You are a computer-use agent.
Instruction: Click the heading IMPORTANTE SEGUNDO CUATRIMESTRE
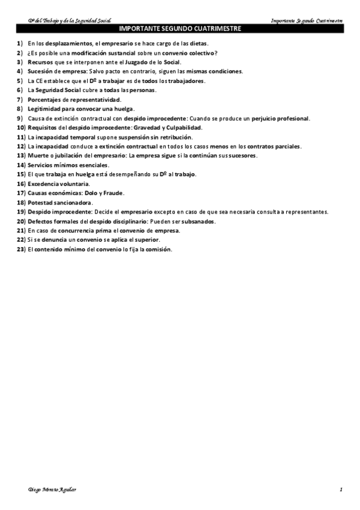tap(180, 28)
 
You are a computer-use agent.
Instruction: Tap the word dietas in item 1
tap(198, 44)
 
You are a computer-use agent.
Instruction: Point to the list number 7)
tap(20, 99)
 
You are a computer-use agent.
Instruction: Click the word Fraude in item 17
tap(112, 193)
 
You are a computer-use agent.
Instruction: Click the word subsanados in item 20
tap(198, 221)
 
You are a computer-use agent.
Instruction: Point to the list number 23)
tap(21, 249)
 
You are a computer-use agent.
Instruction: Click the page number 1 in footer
tap(341, 490)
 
